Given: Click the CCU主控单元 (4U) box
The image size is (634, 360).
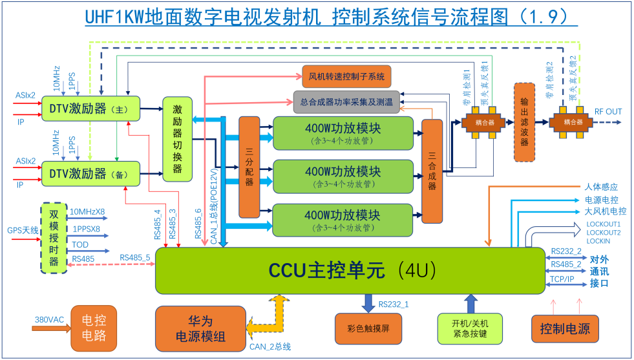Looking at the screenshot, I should coord(350,270).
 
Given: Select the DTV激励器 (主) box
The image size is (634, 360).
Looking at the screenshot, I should coord(90,109).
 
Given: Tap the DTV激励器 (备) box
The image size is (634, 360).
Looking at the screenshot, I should coord(90,173).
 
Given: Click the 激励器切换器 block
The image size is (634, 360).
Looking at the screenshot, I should coord(178,140).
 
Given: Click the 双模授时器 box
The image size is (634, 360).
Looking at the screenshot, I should coord(54,237).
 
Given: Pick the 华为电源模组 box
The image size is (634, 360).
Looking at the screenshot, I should coord(200,328).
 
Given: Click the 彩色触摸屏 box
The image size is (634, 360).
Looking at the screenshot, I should coord(368,328).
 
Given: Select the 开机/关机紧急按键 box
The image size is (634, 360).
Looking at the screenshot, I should coord(470,328).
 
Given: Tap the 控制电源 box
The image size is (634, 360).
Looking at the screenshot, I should coord(565,328).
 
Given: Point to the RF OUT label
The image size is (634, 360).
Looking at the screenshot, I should coord(608,112).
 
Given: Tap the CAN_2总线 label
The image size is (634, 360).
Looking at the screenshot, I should coord(269,347).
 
